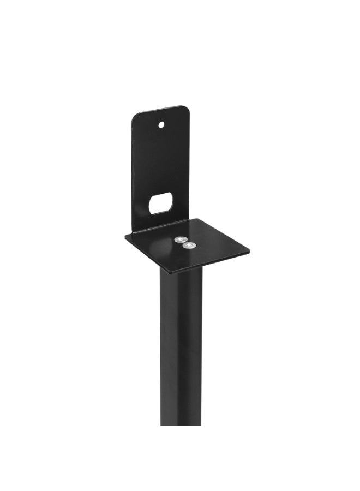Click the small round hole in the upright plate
[161, 124]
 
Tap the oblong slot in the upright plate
[161, 203]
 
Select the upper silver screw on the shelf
[179, 239]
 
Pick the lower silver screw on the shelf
[189, 246]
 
